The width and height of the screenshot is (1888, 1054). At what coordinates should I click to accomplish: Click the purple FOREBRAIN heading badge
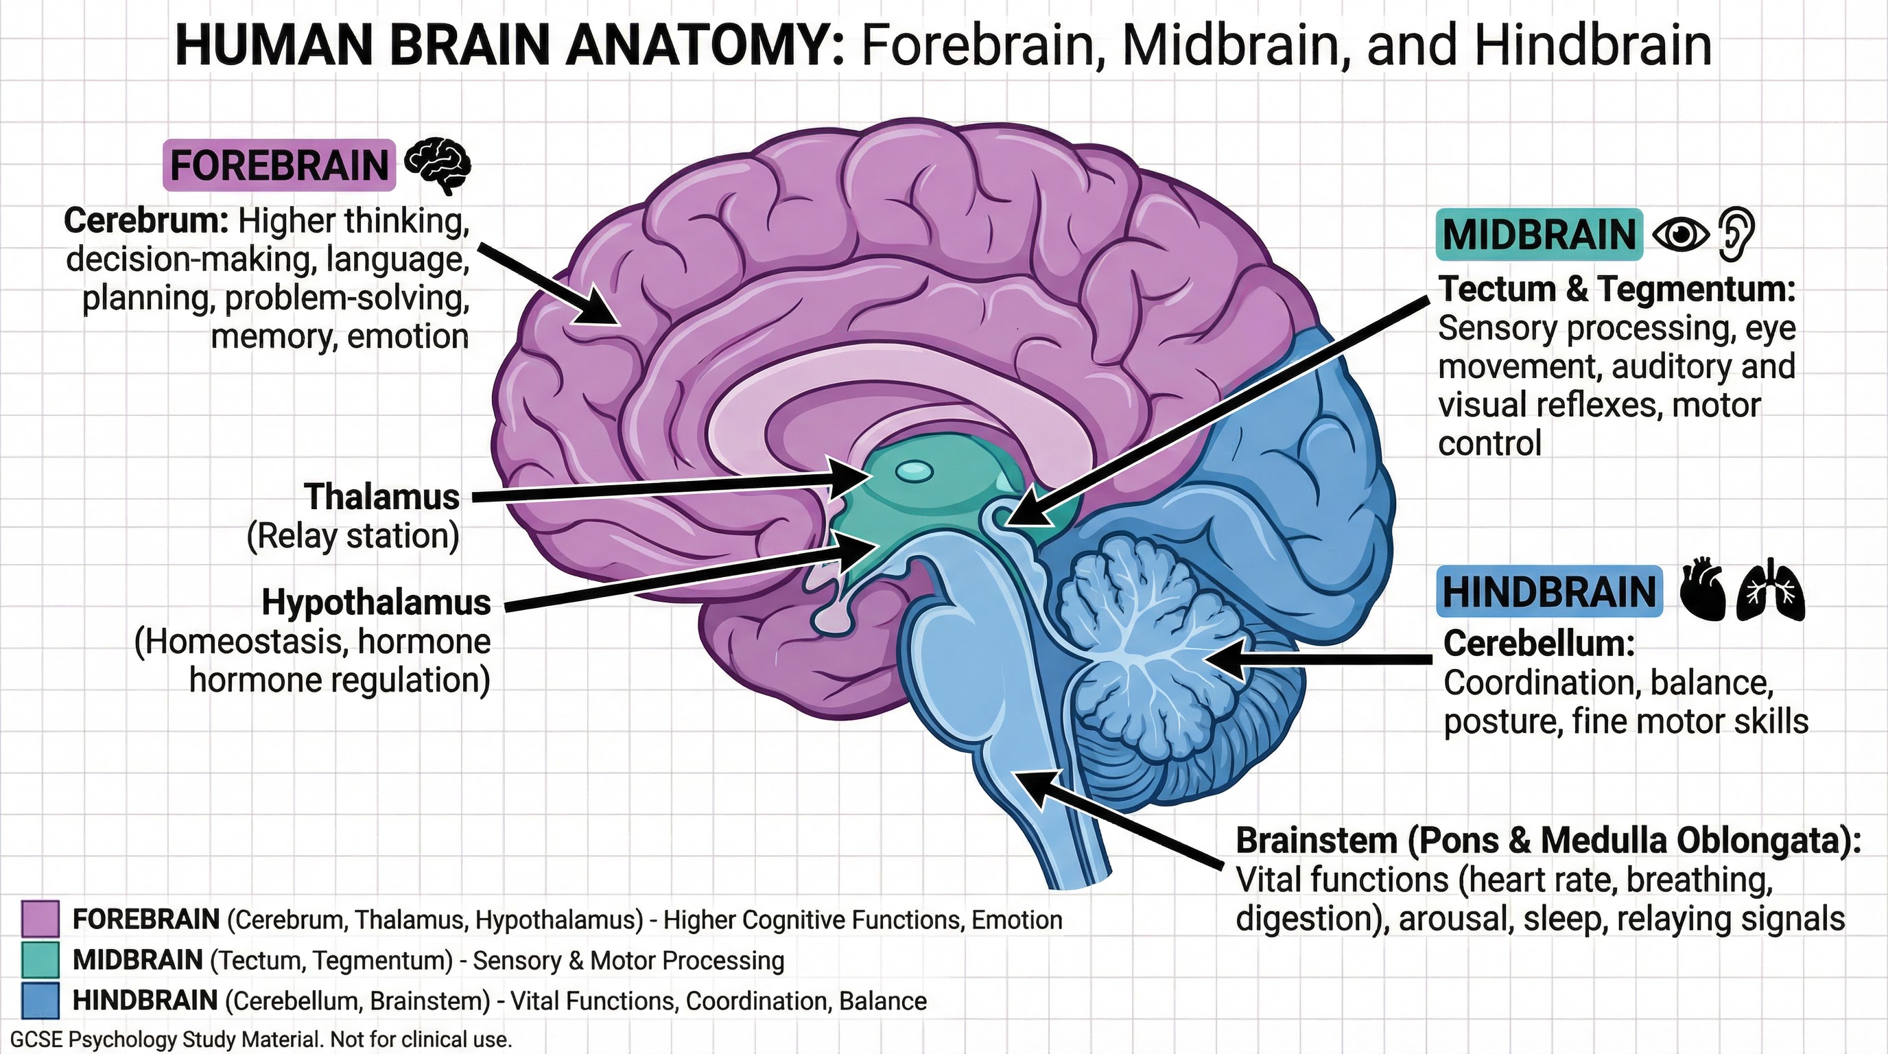279,165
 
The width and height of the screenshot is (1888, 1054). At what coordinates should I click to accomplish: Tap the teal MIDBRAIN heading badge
1539,235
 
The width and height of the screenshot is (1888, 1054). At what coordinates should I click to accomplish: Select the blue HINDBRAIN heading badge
1549,592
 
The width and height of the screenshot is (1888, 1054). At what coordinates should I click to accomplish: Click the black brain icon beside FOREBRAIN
438,165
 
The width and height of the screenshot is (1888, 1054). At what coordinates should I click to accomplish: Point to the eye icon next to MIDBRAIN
1681,235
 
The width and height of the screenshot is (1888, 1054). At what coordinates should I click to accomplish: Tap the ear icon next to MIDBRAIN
1737,234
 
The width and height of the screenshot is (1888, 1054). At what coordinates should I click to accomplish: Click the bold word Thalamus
382,497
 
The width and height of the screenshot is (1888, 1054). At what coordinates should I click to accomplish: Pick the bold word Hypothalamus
377,602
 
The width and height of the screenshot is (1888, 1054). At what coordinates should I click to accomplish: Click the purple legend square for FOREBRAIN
40,919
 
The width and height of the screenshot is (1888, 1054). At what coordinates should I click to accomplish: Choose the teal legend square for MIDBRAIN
40,960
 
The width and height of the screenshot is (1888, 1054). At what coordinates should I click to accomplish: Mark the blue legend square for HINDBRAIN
40,1000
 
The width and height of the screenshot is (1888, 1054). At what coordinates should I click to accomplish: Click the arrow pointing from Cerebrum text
550,285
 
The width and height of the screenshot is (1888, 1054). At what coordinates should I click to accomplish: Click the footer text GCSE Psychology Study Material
169,1040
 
